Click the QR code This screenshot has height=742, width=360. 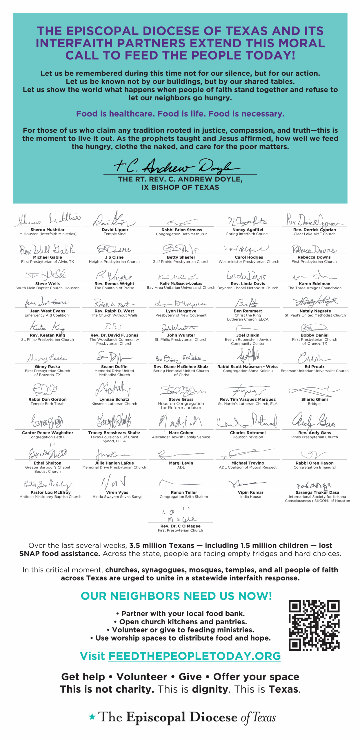click(x=314, y=625)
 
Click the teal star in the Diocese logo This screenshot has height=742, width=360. click(x=92, y=717)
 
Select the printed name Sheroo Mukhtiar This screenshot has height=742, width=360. click(x=48, y=230)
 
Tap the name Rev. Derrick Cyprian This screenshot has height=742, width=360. click(x=314, y=230)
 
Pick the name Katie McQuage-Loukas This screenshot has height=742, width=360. click(x=181, y=283)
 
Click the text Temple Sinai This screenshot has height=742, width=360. click(x=115, y=234)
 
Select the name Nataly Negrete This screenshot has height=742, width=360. click(x=315, y=311)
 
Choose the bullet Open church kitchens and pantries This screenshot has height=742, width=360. click(x=180, y=622)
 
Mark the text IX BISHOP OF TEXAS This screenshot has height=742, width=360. click(x=180, y=187)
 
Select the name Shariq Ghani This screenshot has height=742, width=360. click(x=314, y=399)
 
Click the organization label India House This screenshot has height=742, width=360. click(x=250, y=497)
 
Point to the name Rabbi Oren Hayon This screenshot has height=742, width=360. click(x=314, y=463)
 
